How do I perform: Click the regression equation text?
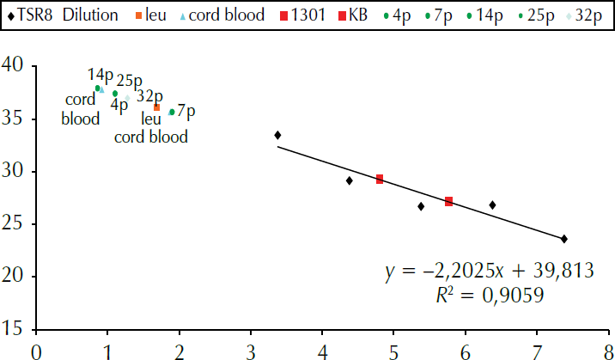[488, 272]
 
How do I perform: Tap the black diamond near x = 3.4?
[277, 135]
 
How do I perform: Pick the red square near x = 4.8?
[379, 180]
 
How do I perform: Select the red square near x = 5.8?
[448, 201]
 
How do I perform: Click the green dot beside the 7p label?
[172, 112]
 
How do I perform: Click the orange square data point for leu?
[156, 107]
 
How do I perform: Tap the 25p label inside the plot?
[129, 82]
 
